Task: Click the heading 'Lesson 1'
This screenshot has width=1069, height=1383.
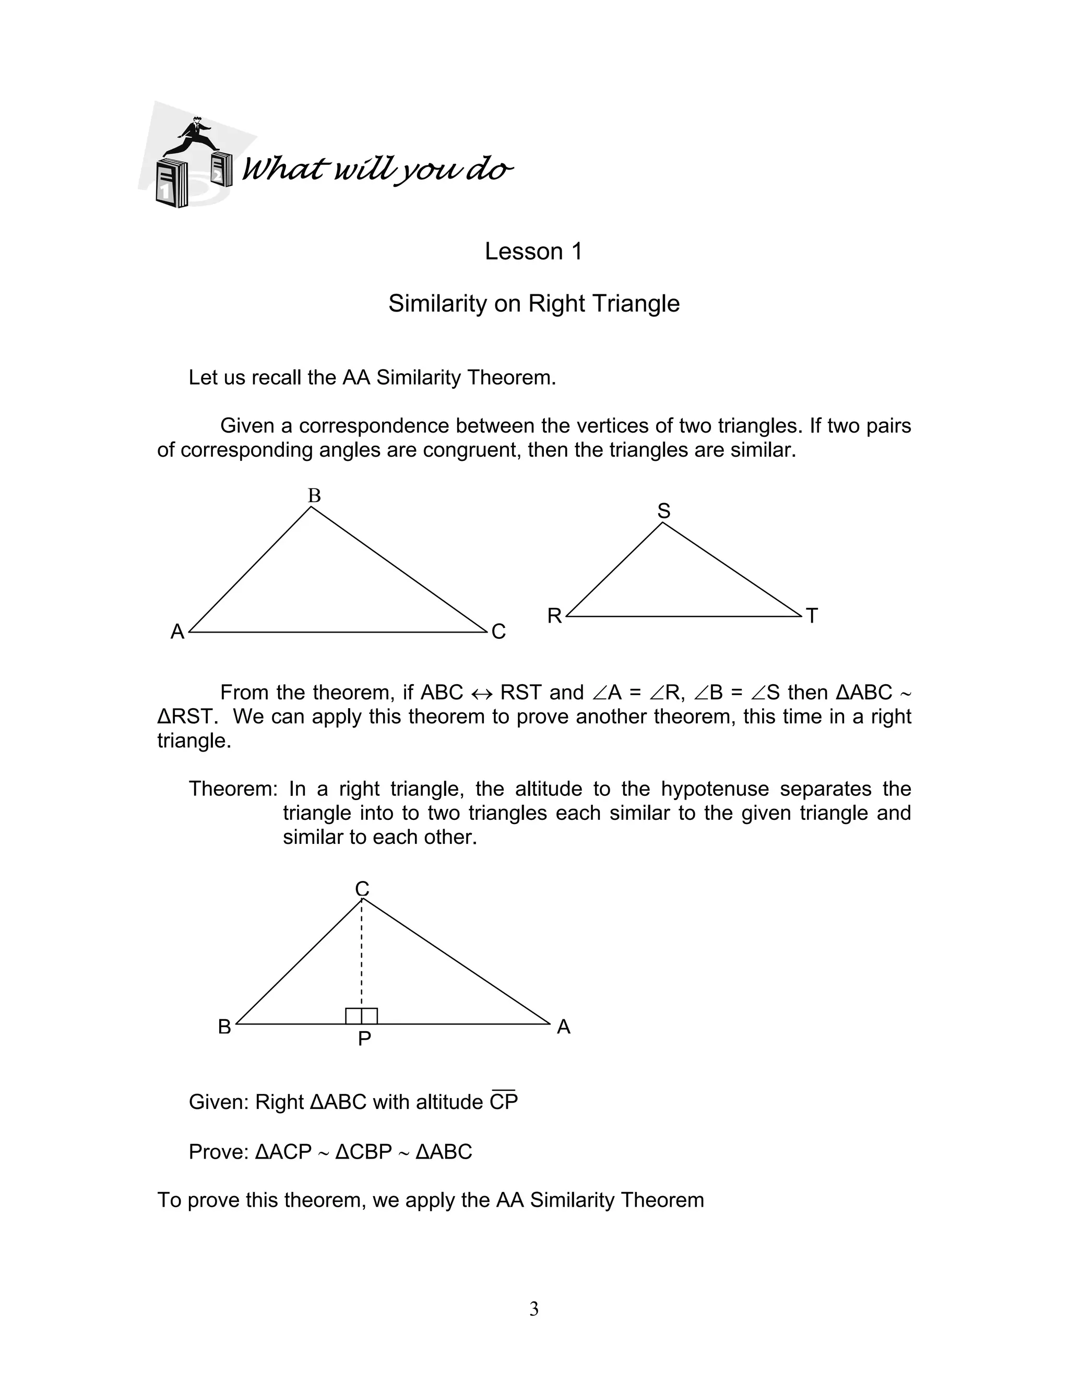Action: tap(533, 252)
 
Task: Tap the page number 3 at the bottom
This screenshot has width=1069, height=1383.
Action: tap(534, 1308)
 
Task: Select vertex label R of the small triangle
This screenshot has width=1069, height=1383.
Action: tap(554, 615)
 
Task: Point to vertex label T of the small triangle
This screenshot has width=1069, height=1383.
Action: tap(812, 615)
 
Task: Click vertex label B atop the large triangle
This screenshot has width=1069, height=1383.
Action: tap(314, 496)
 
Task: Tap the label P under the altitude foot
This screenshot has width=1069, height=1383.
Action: tap(364, 1039)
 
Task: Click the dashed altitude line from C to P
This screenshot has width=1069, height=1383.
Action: tap(362, 950)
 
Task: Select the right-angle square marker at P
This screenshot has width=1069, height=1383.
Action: tap(362, 1016)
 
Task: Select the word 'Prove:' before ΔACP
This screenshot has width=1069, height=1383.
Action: tap(219, 1152)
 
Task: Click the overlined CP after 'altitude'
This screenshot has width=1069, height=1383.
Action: tap(504, 1102)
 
